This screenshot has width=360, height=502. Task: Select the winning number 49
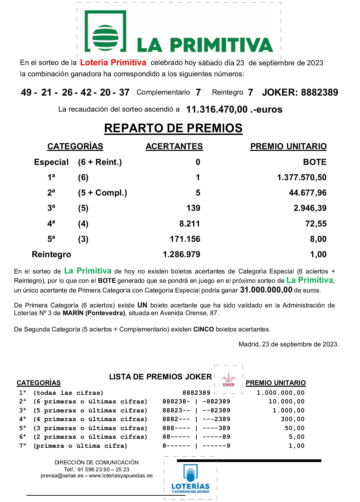[26, 93]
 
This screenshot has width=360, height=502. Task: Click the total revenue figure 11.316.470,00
[217, 109]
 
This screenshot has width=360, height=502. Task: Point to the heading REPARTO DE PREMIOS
[173, 128]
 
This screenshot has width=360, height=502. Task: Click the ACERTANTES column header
[174, 147]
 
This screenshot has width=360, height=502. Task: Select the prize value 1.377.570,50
[302, 178]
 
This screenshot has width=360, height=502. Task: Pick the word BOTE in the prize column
[315, 162]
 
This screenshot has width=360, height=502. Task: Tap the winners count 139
[193, 208]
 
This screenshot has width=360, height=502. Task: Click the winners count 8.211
[190, 224]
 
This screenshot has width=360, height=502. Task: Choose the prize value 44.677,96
[308, 193]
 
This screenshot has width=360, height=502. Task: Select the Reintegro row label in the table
[51, 254]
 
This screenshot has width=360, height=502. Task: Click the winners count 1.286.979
[181, 254]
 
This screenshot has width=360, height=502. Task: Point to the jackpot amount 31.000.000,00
[266, 290]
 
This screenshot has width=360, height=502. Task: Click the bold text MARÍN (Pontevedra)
[94, 313]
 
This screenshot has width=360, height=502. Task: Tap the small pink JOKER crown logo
[229, 380]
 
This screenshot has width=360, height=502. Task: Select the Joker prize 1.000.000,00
[280, 393]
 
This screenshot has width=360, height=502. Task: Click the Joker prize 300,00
[292, 419]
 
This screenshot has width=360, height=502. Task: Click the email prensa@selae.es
[62, 476]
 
